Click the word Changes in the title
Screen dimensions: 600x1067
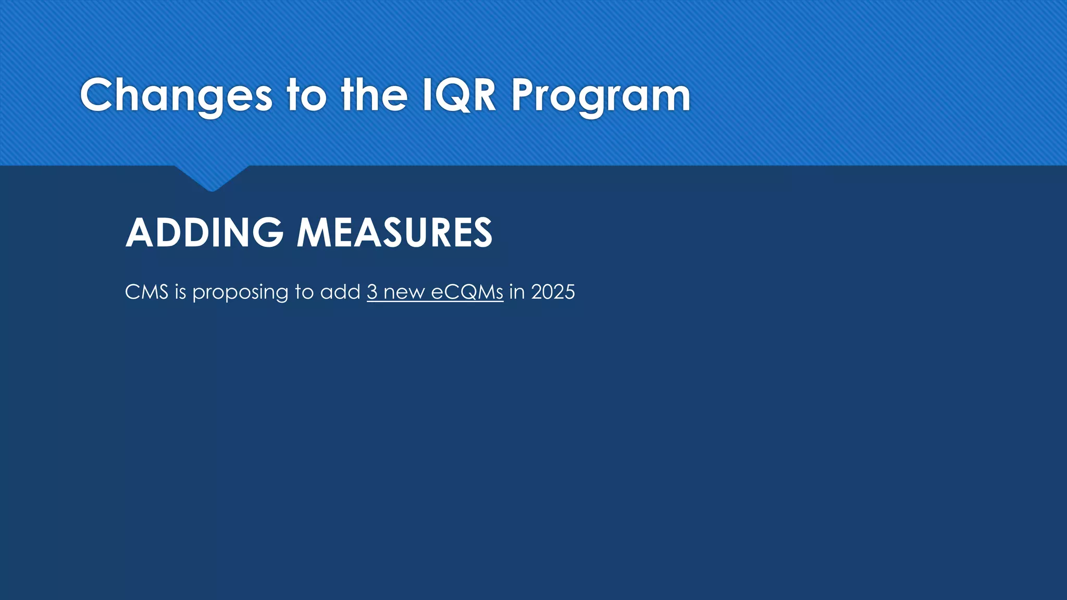coord(176,96)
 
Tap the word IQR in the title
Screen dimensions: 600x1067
coord(459,95)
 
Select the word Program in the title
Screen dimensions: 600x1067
coord(601,96)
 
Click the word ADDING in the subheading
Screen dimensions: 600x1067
coord(205,232)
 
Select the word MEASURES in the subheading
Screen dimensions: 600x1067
coord(394,232)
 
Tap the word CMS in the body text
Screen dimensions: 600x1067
coord(146,292)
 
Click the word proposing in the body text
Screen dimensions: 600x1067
coord(241,293)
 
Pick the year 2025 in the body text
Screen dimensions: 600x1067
coord(553,292)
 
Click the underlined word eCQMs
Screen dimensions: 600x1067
coord(467,292)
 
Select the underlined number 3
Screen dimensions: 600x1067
coord(372,292)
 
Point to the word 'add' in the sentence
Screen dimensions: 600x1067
coord(340,292)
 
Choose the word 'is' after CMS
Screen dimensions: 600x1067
coord(180,292)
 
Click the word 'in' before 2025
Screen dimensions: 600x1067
coord(517,292)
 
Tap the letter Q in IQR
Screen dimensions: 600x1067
coord(457,95)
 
